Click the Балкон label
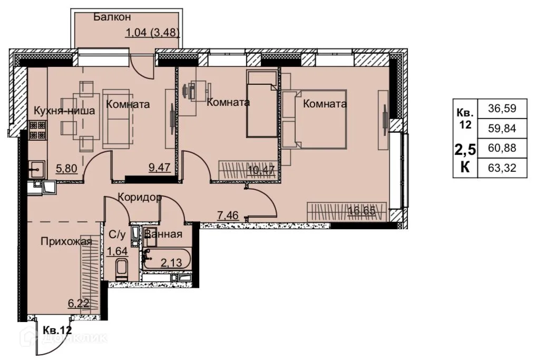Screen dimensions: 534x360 pyautogui.click(x=112, y=17)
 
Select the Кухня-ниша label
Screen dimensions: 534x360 pyautogui.click(x=64, y=111)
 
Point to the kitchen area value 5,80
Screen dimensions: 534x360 pyautogui.click(x=66, y=168)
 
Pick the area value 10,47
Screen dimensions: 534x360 pyautogui.click(x=261, y=169)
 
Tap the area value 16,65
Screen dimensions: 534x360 pyautogui.click(x=361, y=210)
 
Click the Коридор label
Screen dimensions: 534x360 pyautogui.click(x=140, y=197)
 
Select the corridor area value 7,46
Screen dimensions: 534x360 pyautogui.click(x=228, y=215)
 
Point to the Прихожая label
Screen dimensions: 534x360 pyautogui.click(x=66, y=242)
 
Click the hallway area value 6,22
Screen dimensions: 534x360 pyautogui.click(x=79, y=303)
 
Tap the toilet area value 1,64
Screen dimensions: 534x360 pyautogui.click(x=117, y=251)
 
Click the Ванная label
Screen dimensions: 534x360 pyautogui.click(x=163, y=235)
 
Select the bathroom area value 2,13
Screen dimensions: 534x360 pyautogui.click(x=171, y=262)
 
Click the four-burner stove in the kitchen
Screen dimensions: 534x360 pyautogui.click(x=37, y=130)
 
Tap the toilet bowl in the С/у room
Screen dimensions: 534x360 pyautogui.click(x=122, y=269)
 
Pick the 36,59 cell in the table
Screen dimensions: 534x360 pyautogui.click(x=502, y=109)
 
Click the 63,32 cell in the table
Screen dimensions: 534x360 pyautogui.click(x=502, y=168)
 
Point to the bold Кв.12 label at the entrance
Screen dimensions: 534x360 pyautogui.click(x=57, y=329)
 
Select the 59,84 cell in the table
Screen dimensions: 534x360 pyautogui.click(x=502, y=129)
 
